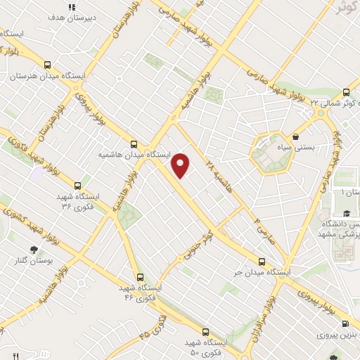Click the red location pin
[181, 165]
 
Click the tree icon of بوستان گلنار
[33, 249]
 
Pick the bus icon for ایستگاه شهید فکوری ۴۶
[141, 277]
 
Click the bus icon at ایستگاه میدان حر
[262, 262]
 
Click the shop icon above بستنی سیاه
[296, 136]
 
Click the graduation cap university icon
[347, 213]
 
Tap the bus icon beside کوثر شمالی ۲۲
[346, 92]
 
